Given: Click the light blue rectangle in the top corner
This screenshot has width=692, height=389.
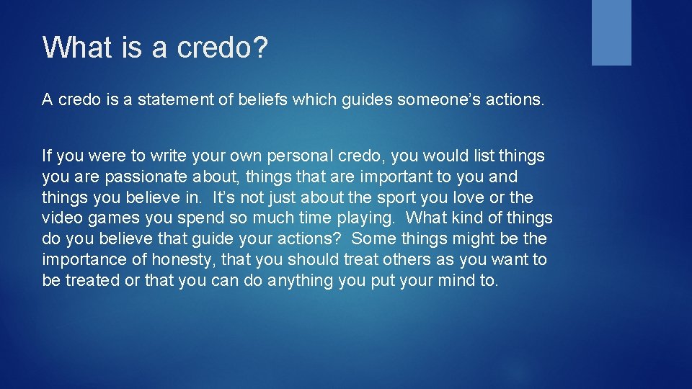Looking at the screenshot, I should click(611, 32).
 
